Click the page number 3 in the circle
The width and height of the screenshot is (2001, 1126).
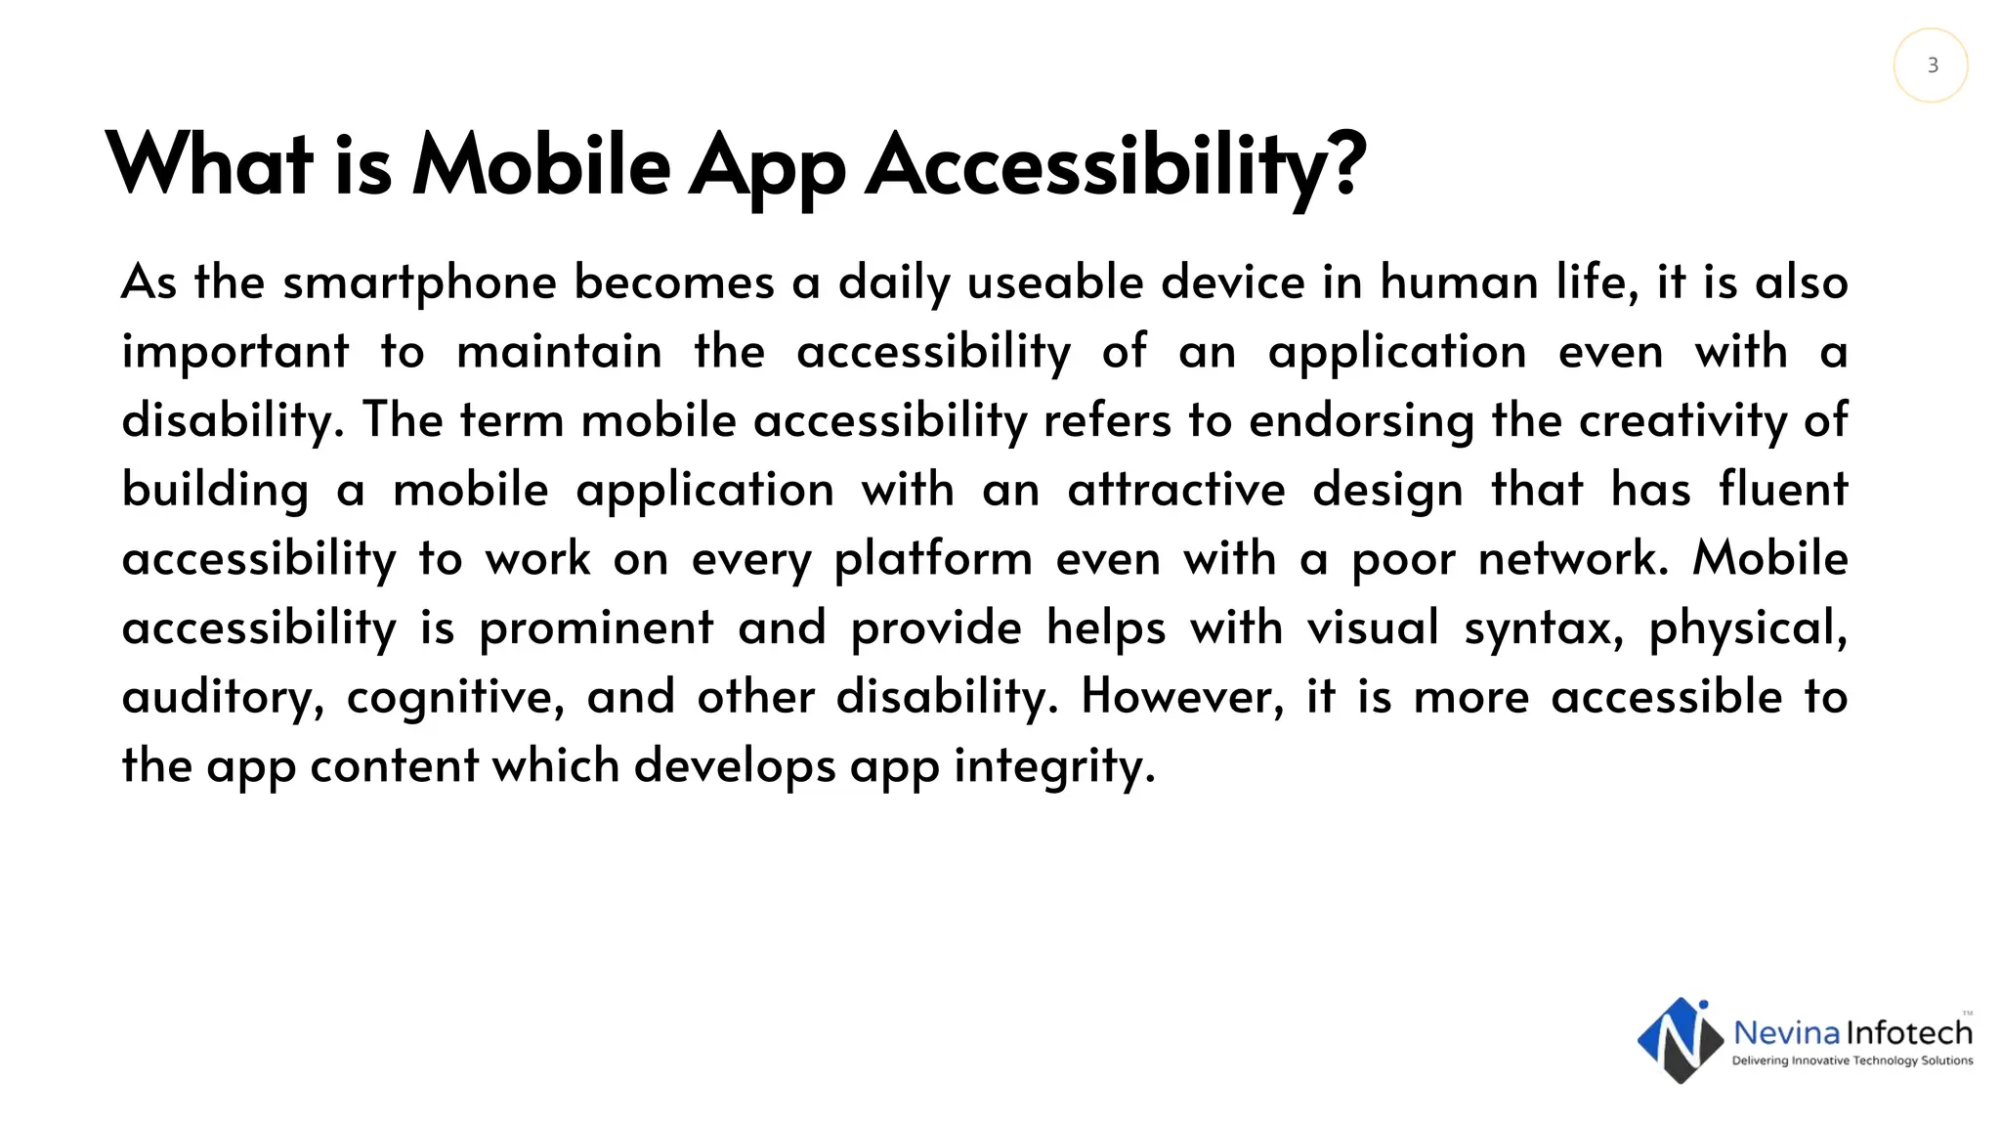coord(1932,65)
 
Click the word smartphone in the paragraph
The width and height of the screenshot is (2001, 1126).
coord(420,283)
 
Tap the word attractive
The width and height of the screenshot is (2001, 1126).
coord(1175,491)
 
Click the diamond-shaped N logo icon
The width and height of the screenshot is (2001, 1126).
coord(1680,1041)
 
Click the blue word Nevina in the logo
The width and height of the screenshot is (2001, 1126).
coord(1786,1033)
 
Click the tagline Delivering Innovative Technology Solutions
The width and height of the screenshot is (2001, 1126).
coord(1852,1061)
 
